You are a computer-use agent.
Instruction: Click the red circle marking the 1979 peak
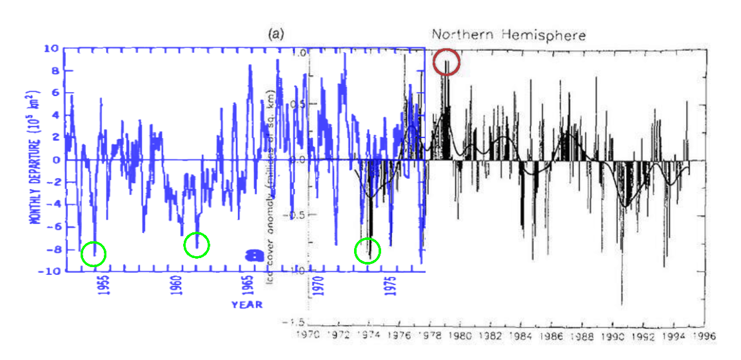click(x=446, y=63)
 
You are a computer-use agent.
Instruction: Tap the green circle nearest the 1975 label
click(x=368, y=250)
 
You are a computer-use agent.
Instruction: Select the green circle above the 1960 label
click(x=197, y=245)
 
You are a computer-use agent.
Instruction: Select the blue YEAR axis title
click(x=247, y=305)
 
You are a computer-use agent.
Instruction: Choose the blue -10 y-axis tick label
click(x=49, y=272)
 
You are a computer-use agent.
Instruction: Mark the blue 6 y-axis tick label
click(x=55, y=93)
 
